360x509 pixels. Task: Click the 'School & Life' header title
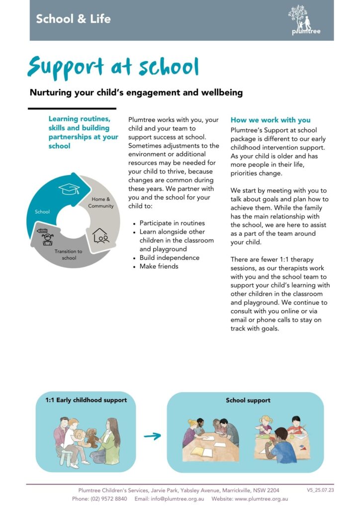coord(73,19)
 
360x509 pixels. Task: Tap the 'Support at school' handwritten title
coord(113,67)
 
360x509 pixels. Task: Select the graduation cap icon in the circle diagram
coord(69,188)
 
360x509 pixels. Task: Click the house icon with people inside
coord(101,235)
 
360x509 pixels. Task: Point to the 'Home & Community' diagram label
coord(101,202)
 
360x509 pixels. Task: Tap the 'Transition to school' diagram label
coord(69,254)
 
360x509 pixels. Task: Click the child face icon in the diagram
coord(48,239)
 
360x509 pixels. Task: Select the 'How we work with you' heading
coord(270,120)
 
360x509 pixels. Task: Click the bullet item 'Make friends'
coord(159,266)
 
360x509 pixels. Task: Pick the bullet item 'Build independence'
coord(169,257)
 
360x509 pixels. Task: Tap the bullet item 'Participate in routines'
coord(172,223)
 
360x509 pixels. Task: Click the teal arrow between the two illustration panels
coord(152,436)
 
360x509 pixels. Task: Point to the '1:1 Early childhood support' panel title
coord(86,400)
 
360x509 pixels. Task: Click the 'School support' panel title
coord(248,400)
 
